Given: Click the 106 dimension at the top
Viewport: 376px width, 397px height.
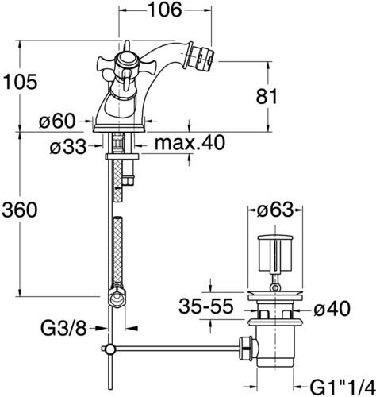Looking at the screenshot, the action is coord(165,10).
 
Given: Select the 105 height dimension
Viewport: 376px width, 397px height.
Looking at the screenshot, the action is coord(20,82).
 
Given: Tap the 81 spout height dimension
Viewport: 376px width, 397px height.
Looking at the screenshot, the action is coord(267,96).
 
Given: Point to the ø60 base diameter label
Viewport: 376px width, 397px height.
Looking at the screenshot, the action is coord(57,121).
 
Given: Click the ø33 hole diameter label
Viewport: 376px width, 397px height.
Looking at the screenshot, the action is coord(68,147).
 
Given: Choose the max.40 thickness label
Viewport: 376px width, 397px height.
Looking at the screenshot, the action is coord(190,143).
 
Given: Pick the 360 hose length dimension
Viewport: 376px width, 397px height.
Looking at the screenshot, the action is coord(20,210).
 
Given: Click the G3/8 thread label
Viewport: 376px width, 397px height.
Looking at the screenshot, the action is coord(63,329).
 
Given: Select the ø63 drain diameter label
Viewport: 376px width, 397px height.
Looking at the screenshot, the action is coord(275,210).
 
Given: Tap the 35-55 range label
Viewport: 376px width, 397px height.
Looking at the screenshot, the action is coord(206,306).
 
